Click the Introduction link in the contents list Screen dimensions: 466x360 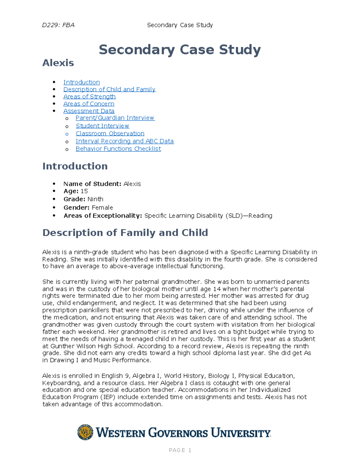point(81,82)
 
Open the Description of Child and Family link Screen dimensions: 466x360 point(109,89)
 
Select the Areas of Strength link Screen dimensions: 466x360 point(89,97)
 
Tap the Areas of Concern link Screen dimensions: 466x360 point(89,104)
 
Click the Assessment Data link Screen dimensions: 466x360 point(89,111)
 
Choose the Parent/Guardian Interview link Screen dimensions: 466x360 point(115,118)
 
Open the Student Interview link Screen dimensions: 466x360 point(102,126)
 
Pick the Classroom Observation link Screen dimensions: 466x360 point(110,134)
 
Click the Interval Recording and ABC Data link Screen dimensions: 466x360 point(124,141)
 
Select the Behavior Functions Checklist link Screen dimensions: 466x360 point(118,149)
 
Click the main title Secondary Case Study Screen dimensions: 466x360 point(180,50)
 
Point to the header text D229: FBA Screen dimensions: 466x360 point(58,25)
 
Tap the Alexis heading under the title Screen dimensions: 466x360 point(58,63)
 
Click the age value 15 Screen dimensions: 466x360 point(84,191)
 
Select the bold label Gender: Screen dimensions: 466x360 point(76,208)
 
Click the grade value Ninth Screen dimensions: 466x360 point(95,199)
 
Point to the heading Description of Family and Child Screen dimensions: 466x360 point(125,233)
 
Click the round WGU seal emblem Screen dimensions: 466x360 point(85,432)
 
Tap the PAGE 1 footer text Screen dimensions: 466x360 point(180,450)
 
